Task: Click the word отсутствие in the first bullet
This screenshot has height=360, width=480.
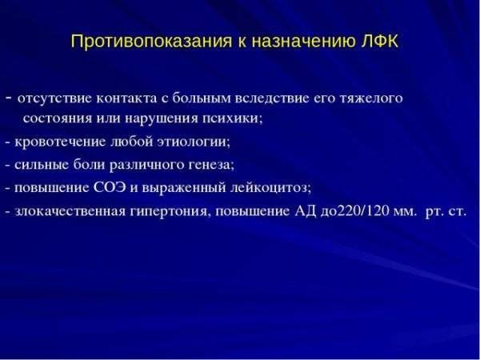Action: [51, 99]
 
